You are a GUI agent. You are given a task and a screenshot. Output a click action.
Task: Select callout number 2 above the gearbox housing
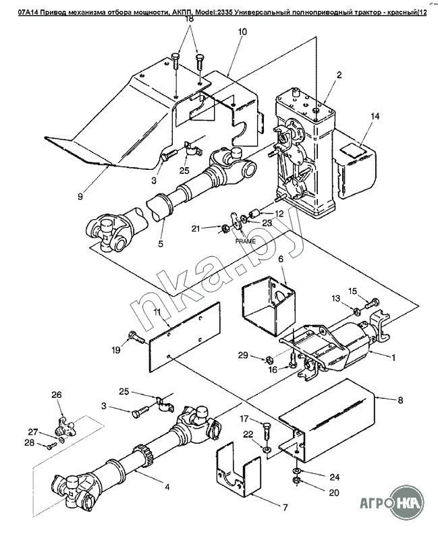point(339,76)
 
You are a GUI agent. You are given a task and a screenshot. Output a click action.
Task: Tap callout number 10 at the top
point(243,32)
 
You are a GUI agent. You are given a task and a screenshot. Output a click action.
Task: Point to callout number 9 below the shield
point(80,196)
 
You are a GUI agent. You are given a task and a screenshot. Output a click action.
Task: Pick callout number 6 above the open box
point(281,259)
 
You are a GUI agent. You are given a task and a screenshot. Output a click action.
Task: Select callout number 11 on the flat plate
point(157,311)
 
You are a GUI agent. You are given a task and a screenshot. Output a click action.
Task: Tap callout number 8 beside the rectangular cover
point(400,399)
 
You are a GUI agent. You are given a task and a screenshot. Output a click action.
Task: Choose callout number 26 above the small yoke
point(57,394)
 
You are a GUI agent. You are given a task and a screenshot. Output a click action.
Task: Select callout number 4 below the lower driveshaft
point(167,487)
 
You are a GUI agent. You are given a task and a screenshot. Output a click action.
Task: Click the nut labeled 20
point(296,481)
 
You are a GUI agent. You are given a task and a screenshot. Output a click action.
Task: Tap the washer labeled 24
point(296,471)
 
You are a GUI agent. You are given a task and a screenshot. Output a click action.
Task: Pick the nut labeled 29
point(268,359)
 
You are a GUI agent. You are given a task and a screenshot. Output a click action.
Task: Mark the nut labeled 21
point(225,228)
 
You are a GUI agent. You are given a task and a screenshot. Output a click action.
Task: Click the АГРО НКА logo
point(392,503)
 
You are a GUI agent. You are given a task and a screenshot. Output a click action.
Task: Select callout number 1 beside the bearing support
point(393,358)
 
